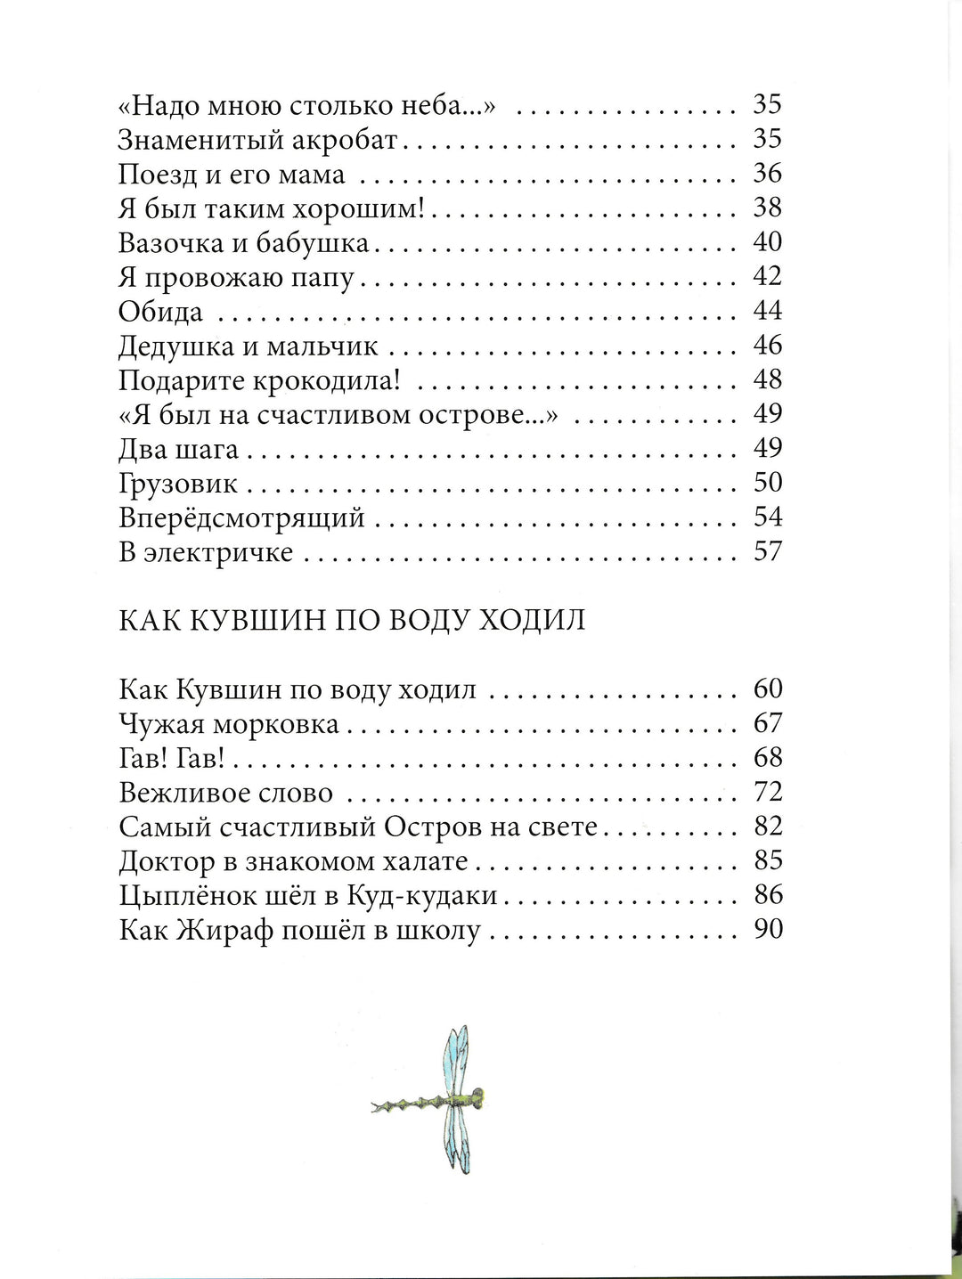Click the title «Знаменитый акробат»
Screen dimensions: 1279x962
tap(262, 140)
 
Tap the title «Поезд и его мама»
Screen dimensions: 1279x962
tap(232, 175)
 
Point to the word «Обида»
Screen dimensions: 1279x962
tap(161, 312)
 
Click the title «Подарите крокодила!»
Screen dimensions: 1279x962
tap(259, 380)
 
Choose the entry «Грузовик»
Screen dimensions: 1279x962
tap(178, 484)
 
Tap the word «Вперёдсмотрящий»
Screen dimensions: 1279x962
tap(241, 518)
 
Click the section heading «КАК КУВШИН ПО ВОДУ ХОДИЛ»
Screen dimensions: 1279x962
tap(352, 620)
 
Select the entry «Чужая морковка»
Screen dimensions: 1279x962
tap(229, 724)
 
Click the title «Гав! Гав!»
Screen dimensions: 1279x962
tap(170, 758)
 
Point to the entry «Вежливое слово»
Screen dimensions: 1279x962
tap(225, 793)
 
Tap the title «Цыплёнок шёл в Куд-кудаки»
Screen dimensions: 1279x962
tap(307, 896)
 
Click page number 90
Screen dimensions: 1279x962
tap(767, 929)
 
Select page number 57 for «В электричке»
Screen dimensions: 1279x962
tap(767, 551)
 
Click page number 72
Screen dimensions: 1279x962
tap(767, 792)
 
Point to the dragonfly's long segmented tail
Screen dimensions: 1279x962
tap(405, 1104)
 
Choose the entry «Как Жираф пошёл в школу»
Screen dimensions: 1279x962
tap(299, 931)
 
